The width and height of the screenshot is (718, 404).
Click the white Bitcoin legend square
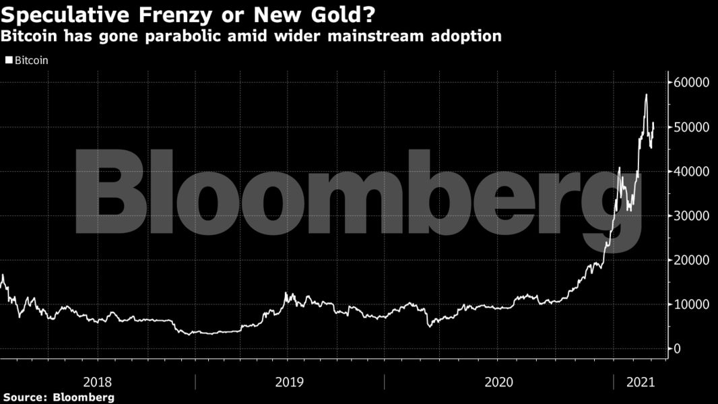click(x=9, y=60)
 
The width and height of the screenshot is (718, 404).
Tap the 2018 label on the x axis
click(x=97, y=382)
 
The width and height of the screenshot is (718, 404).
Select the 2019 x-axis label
click(x=289, y=382)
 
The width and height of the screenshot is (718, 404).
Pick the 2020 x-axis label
click(x=498, y=382)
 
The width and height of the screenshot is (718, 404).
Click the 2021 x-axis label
click(x=641, y=382)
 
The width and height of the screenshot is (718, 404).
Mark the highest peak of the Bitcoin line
click(x=646, y=94)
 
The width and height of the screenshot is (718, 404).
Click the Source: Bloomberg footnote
click(x=59, y=397)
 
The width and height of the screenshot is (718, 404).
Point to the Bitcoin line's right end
click(x=654, y=123)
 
